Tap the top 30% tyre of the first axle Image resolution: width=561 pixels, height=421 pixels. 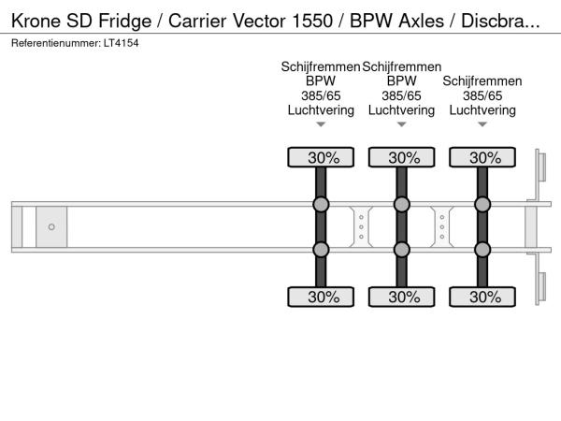coord(321,157)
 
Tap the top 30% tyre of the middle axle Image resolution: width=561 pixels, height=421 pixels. coord(401,157)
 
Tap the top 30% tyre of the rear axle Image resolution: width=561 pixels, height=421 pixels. coord(482,157)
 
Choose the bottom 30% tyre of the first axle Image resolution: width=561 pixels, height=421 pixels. coord(321,298)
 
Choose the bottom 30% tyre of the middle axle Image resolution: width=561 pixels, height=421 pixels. coord(401,298)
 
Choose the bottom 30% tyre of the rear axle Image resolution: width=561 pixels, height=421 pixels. coord(482,298)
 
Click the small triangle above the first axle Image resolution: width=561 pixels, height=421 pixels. coord(321,124)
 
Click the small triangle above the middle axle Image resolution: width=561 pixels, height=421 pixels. coord(401,124)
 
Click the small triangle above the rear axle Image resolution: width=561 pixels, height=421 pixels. coord(482,124)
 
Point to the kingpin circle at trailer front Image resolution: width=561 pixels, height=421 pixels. coord(51,227)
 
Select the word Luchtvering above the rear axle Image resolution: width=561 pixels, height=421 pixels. coord(482,109)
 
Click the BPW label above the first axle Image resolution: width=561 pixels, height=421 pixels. coord(321,81)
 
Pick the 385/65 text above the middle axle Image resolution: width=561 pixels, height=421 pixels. coord(401,95)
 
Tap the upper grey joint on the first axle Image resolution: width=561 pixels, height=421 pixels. coord(321,205)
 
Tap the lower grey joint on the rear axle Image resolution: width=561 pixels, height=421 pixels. coord(482,249)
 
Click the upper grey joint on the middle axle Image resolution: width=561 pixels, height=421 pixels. coord(401,205)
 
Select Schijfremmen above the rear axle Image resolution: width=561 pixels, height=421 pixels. coord(482,81)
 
